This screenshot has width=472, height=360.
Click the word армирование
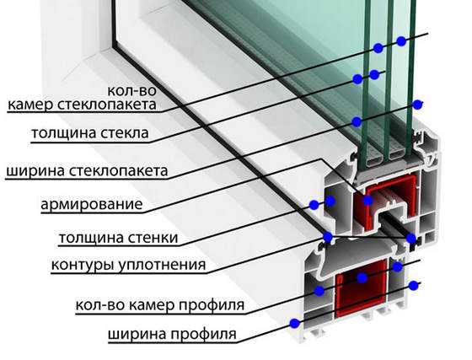pyautogui.click(x=92, y=204)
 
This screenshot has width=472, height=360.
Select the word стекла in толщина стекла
pyautogui.click(x=124, y=133)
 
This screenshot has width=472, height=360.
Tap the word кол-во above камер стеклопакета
pyautogui.click(x=132, y=90)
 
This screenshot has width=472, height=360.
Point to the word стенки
pyautogui.click(x=153, y=238)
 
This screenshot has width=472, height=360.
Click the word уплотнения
pyautogui.click(x=162, y=265)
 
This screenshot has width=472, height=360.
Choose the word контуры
pyautogui.click(x=83, y=266)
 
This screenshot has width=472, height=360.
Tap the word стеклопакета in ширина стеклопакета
pyautogui.click(x=118, y=171)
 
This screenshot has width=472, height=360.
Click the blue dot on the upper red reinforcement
pyautogui.click(x=367, y=201)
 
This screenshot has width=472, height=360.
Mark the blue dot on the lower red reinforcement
pyautogui.click(x=362, y=278)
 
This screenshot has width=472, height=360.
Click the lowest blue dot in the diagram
pyautogui.click(x=295, y=324)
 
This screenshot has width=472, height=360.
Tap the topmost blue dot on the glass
pyautogui.click(x=401, y=41)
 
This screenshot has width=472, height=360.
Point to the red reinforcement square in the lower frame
pyautogui.click(x=361, y=288)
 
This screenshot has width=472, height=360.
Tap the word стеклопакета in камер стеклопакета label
pyautogui.click(x=107, y=105)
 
